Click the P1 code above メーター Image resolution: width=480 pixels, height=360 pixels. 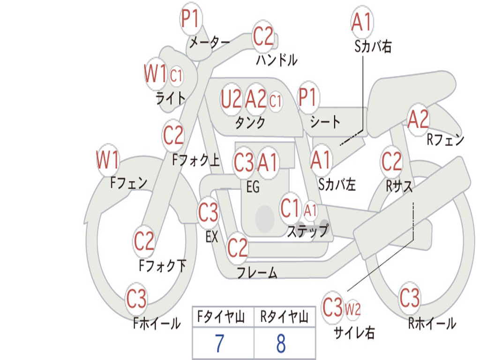pos(190,18)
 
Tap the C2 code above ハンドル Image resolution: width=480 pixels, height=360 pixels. pos(263,36)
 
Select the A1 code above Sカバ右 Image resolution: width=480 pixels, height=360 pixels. pos(362,22)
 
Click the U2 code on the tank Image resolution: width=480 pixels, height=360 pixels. pos(231,99)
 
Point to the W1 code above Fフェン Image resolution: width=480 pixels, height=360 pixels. pos(107,160)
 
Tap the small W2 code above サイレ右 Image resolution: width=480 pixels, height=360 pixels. pos(352,309)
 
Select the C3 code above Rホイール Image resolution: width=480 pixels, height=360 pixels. pos(409,298)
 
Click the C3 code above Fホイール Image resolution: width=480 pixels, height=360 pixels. pos(136,299)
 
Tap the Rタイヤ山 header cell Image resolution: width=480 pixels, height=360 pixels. pos(285,316)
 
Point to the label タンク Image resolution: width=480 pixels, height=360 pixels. pos(250,122)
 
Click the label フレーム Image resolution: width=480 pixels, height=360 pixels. pos(257,272)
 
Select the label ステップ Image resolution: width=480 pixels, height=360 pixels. pos(308,231)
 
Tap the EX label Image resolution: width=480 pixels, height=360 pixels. pos(212,237)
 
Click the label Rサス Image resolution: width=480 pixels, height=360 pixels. pos(399,186)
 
